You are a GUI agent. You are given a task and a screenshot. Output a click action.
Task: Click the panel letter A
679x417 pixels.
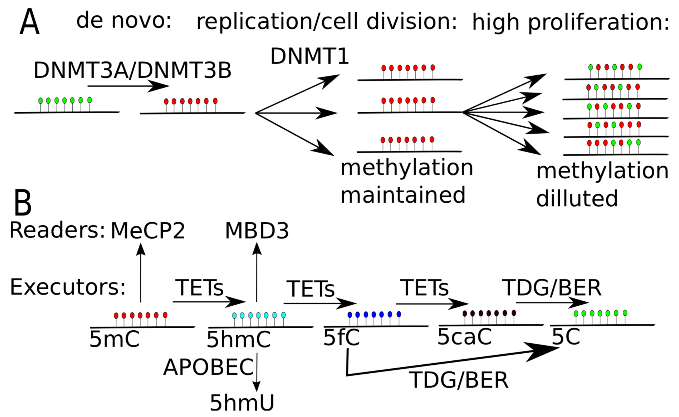(29, 22)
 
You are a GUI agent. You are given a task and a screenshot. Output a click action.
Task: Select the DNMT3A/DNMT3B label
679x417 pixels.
(132, 71)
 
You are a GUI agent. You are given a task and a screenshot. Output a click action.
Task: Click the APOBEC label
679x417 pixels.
(208, 367)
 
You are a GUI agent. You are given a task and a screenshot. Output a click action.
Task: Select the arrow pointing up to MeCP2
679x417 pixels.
(141, 273)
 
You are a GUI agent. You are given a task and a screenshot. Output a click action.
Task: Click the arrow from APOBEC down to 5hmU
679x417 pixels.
(257, 372)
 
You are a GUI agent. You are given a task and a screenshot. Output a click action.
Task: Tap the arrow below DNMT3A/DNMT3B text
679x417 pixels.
(128, 86)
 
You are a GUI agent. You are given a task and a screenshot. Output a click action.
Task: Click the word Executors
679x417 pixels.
(68, 287)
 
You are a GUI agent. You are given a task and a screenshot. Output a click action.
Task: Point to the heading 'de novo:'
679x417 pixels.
(124, 21)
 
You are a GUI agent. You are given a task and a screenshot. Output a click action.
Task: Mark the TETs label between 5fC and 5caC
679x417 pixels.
(424, 288)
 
